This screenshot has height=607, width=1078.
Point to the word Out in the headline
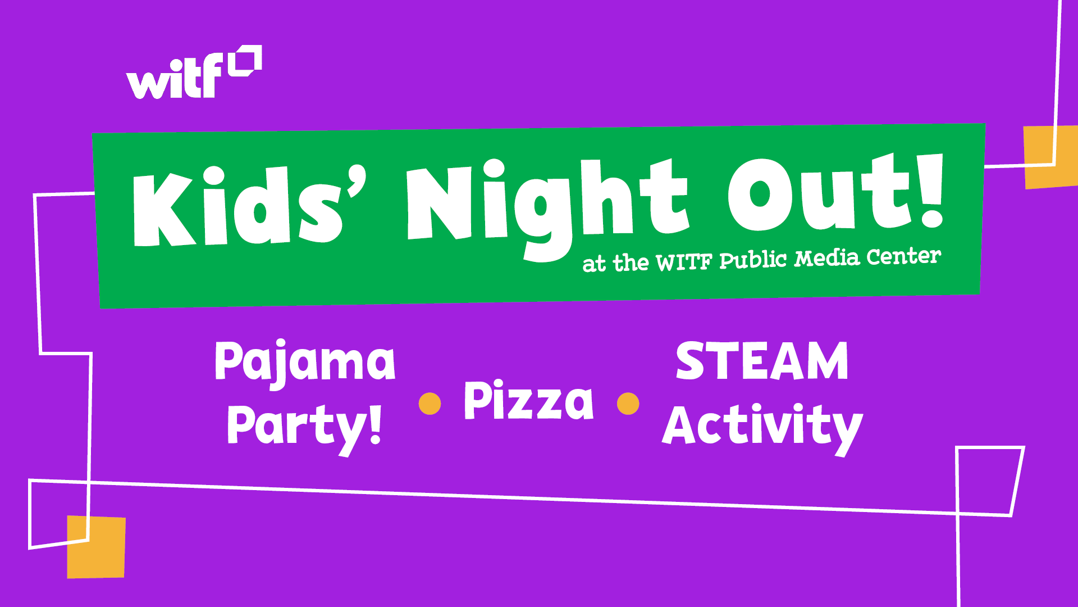(x=819, y=194)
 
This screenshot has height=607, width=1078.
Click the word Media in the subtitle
(x=827, y=258)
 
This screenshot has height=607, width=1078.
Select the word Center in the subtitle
(x=903, y=256)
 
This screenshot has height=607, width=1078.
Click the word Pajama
(x=305, y=363)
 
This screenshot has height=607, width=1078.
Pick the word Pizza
(x=528, y=400)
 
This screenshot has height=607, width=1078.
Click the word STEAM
(x=762, y=361)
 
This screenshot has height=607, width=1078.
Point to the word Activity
(x=762, y=428)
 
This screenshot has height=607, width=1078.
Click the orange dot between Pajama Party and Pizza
(x=430, y=404)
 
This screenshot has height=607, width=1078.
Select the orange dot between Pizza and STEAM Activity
(x=628, y=404)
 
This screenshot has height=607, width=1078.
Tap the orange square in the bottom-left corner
(x=96, y=547)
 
